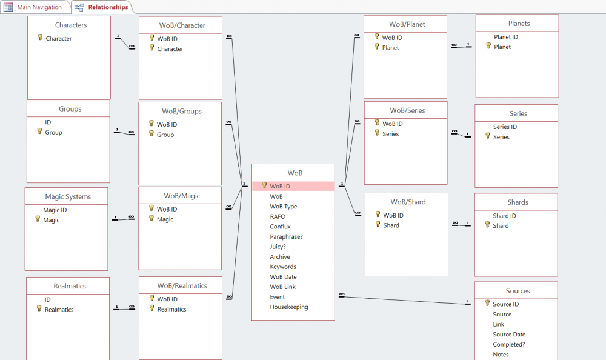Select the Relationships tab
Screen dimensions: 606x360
tap(102, 7)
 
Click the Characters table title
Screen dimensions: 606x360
tap(71, 25)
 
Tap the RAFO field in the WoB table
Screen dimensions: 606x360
tap(278, 216)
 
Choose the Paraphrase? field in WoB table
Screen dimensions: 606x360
tap(286, 236)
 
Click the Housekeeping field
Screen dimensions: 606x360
tap(288, 307)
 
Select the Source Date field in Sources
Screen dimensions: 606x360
tap(508, 335)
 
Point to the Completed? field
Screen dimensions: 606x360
tap(508, 344)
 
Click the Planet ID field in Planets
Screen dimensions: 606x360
tap(506, 37)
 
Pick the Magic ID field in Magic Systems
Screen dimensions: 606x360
tap(55, 210)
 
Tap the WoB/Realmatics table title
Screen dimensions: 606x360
tap(182, 285)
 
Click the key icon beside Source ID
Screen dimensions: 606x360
tap(487, 303)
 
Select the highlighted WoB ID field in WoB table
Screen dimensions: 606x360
tap(280, 187)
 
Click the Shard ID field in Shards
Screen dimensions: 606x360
tap(504, 216)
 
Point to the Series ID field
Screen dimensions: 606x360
tap(505, 127)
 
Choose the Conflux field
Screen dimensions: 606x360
tap(280, 227)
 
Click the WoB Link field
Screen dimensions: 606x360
tap(282, 287)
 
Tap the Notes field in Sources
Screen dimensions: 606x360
tap(501, 355)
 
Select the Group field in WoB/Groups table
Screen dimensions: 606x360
tap(165, 135)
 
